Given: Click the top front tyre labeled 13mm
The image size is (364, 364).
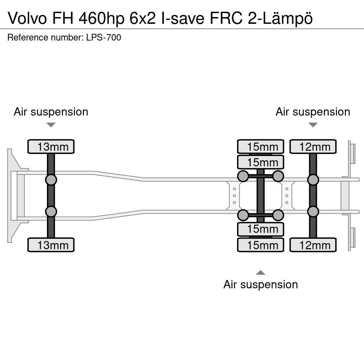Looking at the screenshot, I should click(51, 146).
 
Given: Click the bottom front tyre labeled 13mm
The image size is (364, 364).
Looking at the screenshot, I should click(51, 245).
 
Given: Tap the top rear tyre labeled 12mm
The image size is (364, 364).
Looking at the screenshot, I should click(313, 146).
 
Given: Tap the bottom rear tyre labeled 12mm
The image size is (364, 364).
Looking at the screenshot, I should click(313, 245).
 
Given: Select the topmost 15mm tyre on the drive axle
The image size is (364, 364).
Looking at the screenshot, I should click(261, 146).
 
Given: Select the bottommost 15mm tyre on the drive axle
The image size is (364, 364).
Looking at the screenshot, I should click(261, 245).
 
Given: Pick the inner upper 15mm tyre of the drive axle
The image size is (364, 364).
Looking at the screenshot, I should click(261, 162).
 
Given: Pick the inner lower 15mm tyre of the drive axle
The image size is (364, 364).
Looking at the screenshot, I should click(261, 229).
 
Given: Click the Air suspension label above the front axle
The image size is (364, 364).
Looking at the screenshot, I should click(51, 112).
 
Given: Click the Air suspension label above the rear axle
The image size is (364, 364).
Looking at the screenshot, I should click(313, 112).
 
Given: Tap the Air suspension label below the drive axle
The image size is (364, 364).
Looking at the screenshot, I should click(261, 284).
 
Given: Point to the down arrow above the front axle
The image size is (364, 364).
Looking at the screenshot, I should click(51, 125).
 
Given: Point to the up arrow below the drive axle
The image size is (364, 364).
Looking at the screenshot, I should click(261, 273).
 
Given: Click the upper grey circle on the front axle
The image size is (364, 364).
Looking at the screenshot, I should click(51, 180).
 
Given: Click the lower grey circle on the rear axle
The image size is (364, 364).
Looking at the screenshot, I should click(313, 212).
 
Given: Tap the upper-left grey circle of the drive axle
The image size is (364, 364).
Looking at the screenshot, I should click(243, 176).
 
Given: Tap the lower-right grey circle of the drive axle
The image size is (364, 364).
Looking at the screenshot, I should click(278, 215).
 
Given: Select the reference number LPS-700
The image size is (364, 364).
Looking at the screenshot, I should click(103, 38).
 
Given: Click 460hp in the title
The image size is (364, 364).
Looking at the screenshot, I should click(101, 18).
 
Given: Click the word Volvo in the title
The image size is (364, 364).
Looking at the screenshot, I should click(27, 18).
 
